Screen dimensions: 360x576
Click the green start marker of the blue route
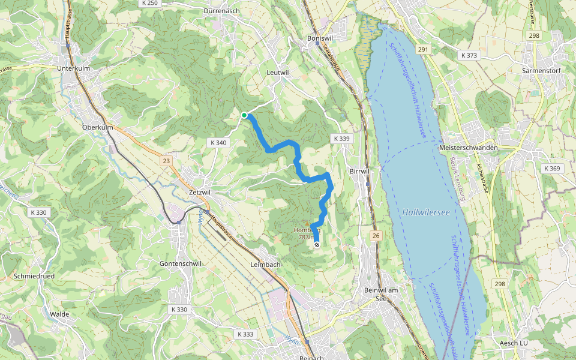(x=244, y=115)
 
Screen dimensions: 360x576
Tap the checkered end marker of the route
(x=317, y=244)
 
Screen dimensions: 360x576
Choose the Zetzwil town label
(x=200, y=192)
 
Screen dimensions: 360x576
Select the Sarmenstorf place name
(x=540, y=70)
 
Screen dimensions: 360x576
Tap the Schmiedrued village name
(x=34, y=277)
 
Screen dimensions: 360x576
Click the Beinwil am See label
(x=381, y=294)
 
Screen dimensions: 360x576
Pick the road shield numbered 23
(x=166, y=161)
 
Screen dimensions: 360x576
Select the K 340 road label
(x=219, y=143)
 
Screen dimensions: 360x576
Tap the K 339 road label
(x=340, y=139)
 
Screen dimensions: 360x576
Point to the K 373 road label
(x=469, y=55)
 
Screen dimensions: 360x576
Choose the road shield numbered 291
(x=424, y=50)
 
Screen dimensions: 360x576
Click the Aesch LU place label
(x=513, y=343)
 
